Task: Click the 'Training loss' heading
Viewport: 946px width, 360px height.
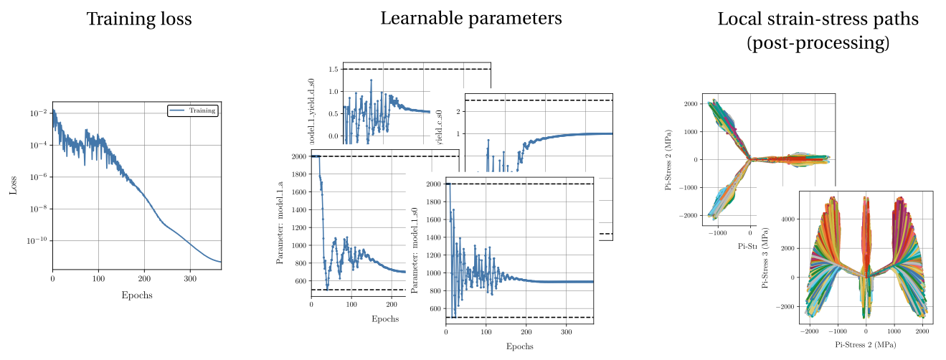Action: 139,19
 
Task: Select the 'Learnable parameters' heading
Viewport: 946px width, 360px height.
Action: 471,19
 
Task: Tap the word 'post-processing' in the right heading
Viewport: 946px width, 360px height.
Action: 818,43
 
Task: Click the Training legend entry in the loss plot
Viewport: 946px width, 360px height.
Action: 192,110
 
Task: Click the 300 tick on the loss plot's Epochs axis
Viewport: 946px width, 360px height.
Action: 190,278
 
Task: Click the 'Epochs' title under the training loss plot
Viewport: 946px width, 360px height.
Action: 136,294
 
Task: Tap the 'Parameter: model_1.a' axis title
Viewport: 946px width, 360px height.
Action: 280,224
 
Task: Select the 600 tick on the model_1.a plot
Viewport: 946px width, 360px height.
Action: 299,281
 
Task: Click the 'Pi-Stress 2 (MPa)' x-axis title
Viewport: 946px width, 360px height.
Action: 865,345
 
